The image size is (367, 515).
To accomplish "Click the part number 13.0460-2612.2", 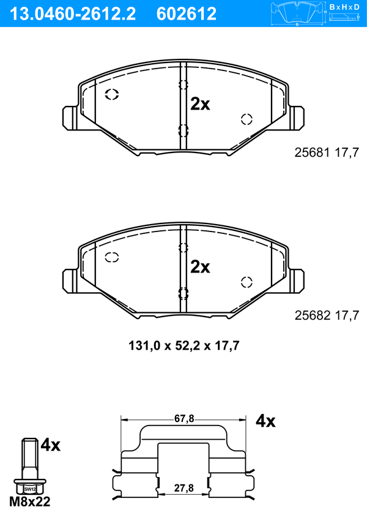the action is tap(73, 14).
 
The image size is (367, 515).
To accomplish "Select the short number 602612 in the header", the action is tap(187, 14).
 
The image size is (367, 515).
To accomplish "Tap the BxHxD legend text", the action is tap(344, 7).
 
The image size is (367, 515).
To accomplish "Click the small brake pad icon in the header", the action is tap(297, 13).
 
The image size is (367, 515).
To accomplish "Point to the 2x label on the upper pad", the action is tap(200, 104).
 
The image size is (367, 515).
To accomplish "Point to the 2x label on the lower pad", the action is tap(200, 267).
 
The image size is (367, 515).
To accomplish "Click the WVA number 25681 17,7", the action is tap(327, 152).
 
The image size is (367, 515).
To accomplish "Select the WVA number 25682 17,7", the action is tap(327, 315).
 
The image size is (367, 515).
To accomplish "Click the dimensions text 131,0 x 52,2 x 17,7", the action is tap(183, 346).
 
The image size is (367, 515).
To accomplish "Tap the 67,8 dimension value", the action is tap(184, 419).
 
